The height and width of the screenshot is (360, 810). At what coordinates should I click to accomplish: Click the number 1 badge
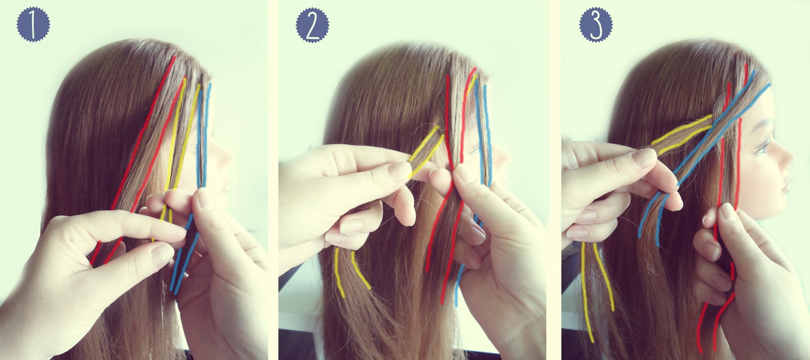click(x=33, y=25)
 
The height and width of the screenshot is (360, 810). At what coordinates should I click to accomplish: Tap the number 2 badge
click(x=312, y=25)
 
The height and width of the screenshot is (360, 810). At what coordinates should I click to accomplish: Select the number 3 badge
click(x=596, y=25)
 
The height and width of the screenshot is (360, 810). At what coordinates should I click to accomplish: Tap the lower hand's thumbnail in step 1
click(x=161, y=255)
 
